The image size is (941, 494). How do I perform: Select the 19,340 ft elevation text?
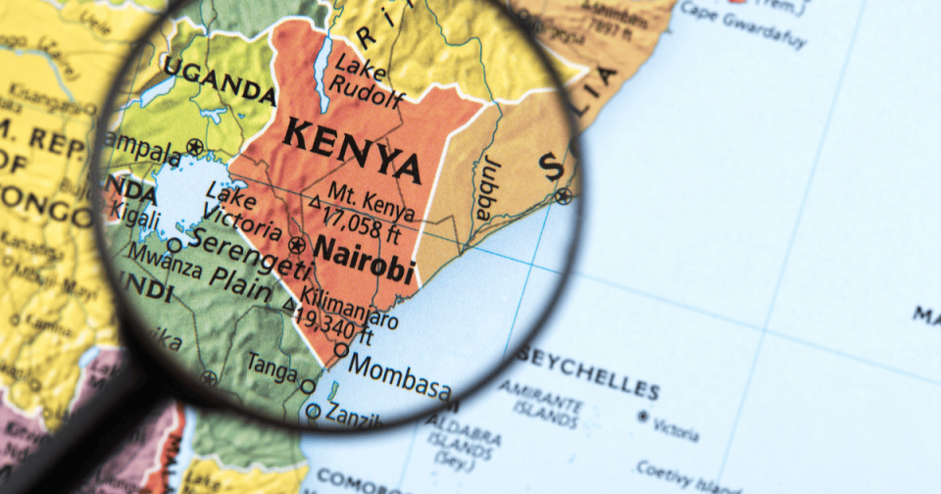point(338,325)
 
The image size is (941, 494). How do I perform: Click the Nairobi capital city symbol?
point(297,243)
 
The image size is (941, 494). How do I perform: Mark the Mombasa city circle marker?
point(341,349)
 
